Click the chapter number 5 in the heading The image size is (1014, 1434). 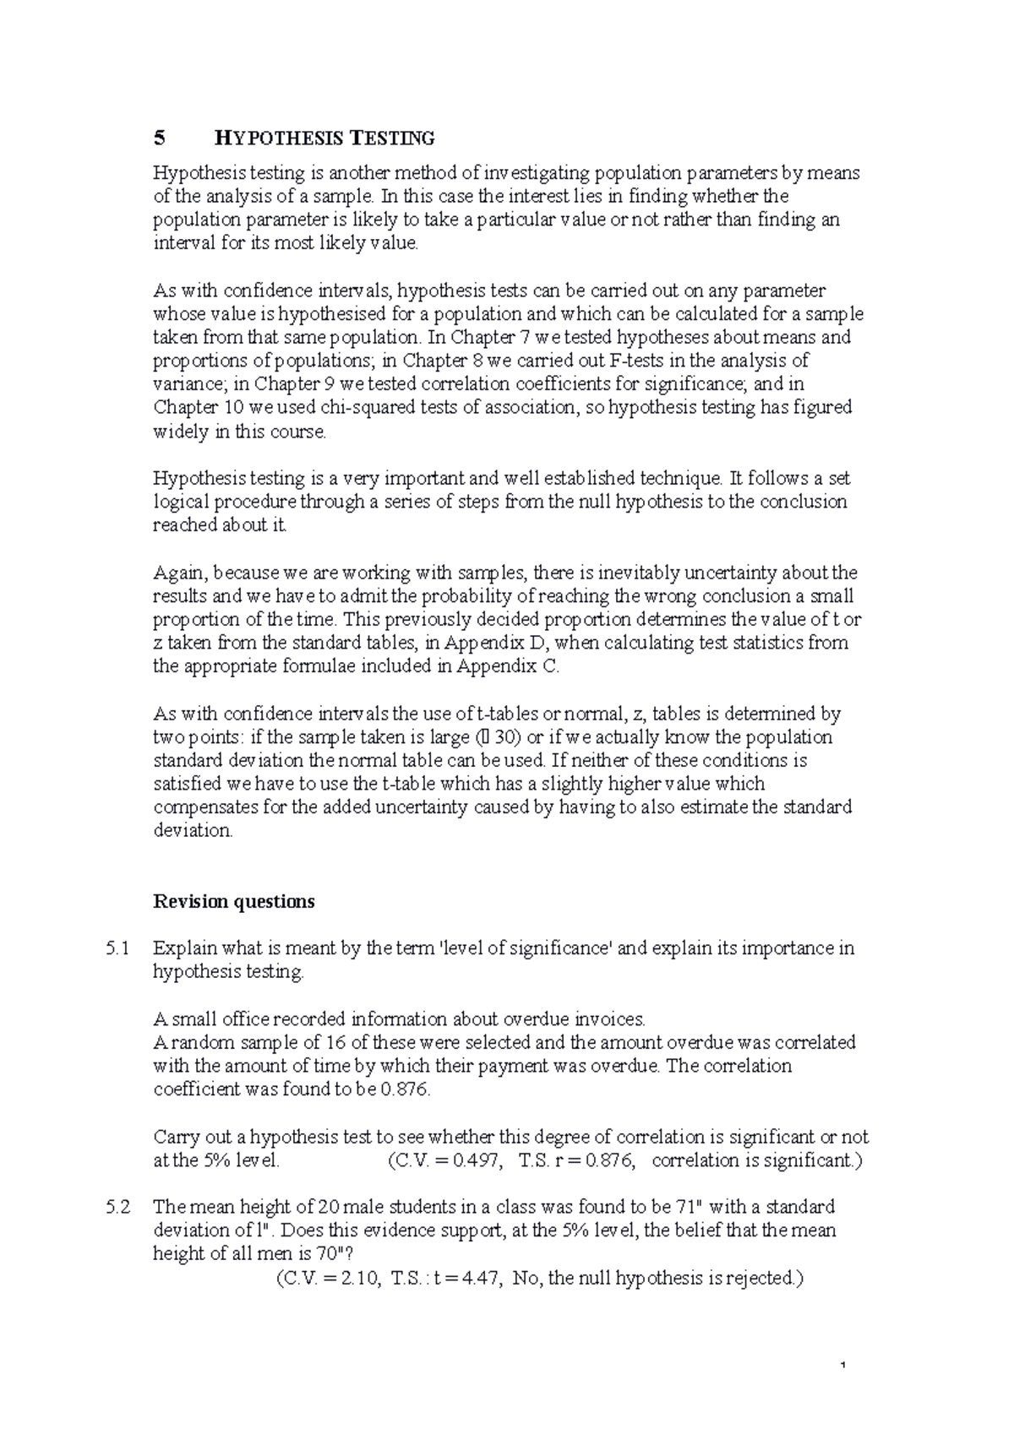pos(157,138)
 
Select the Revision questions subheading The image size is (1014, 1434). pos(233,902)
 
